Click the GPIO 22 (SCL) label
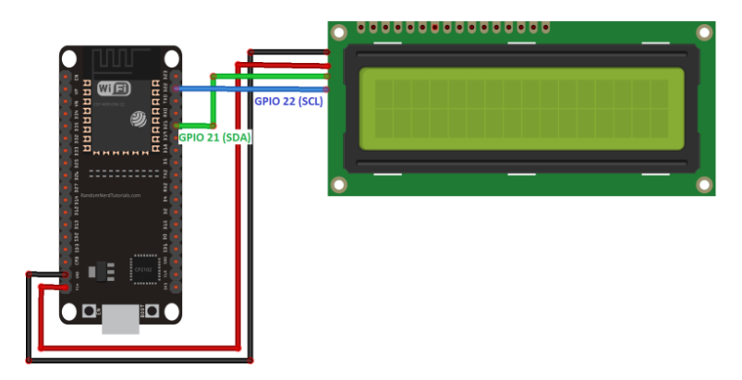pos(288,102)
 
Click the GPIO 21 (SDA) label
pos(214,137)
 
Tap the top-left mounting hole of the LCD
pos(340,32)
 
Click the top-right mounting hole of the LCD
pos(704,32)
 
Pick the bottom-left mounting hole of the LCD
pos(340,184)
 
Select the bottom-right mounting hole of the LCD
pos(704,184)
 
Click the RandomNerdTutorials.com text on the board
pos(110,195)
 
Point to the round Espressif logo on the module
pos(139,119)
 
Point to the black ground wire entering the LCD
pos(305,52)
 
